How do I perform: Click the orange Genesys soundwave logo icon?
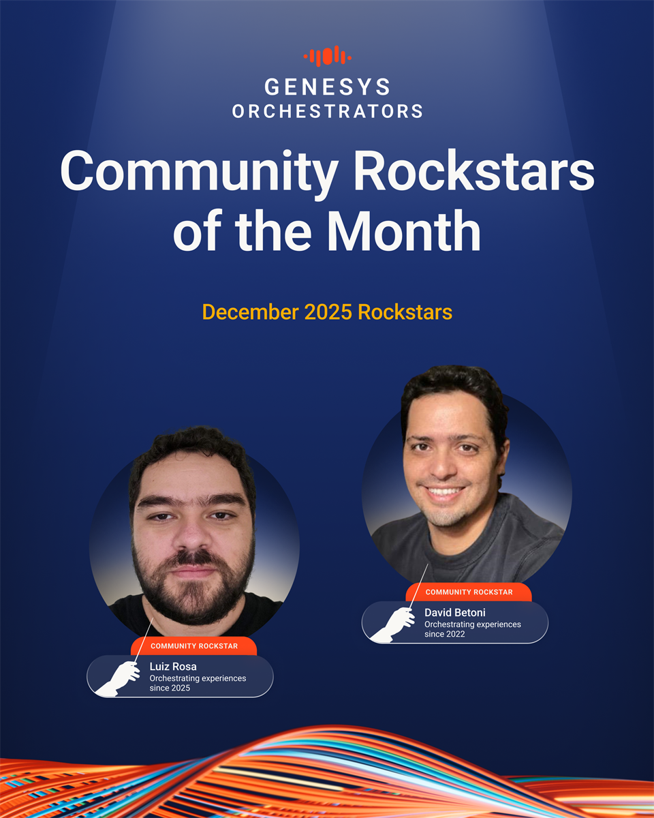(x=327, y=57)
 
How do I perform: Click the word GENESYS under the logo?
(x=327, y=87)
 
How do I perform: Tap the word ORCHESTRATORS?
(x=327, y=111)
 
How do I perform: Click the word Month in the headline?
(x=403, y=231)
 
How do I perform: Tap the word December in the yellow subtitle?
(x=251, y=312)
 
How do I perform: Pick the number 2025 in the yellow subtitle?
(x=328, y=312)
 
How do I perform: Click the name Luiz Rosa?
(x=173, y=667)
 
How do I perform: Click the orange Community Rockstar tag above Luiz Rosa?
(x=193, y=646)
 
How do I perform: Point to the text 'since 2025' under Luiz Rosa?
(x=170, y=688)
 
